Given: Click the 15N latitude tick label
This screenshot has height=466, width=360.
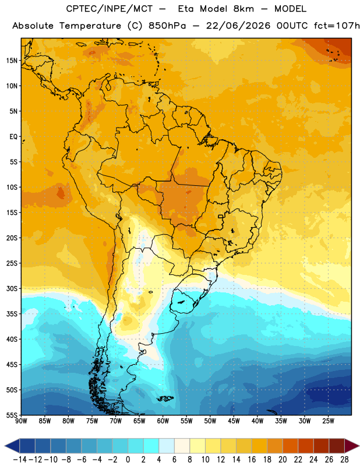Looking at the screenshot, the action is pyautogui.click(x=12, y=61).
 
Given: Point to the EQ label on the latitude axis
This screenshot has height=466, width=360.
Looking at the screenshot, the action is pyautogui.click(x=13, y=137).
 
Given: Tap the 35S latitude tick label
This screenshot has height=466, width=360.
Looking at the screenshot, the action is pyautogui.click(x=12, y=314).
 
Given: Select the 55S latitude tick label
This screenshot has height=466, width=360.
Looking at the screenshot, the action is pyautogui.click(x=12, y=415).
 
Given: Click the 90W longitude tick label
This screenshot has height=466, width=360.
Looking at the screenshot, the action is pyautogui.click(x=21, y=421).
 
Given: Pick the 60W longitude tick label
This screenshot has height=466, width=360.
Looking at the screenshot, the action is pyautogui.click(x=163, y=421).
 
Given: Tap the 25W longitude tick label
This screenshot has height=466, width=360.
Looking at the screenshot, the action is pyautogui.click(x=328, y=421).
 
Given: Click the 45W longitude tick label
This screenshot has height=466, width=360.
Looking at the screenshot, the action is pyautogui.click(x=234, y=421).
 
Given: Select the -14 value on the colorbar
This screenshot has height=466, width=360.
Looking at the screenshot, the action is pyautogui.click(x=20, y=460).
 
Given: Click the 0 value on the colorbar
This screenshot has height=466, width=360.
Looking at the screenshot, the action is pyautogui.click(x=128, y=460).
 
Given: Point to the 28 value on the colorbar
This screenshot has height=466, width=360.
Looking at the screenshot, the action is pyautogui.click(x=344, y=460).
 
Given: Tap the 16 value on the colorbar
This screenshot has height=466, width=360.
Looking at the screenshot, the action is pyautogui.click(x=252, y=460).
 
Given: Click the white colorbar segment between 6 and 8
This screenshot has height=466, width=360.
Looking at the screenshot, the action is pyautogui.click(x=182, y=446).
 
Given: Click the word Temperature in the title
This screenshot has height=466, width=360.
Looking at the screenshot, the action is pyautogui.click(x=90, y=26).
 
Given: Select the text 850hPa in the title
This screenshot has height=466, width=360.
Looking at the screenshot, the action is pyautogui.click(x=167, y=26).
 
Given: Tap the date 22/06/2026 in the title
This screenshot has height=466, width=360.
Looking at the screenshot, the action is pyautogui.click(x=238, y=26).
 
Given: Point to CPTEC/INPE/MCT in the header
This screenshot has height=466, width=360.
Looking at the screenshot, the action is pyautogui.click(x=110, y=9).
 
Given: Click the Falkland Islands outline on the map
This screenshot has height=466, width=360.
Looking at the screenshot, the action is pyautogui.click(x=165, y=398).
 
